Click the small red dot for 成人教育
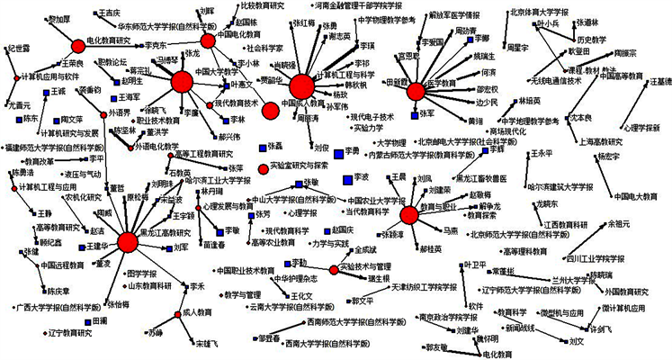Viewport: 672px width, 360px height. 177,313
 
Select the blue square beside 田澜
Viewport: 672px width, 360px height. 87,320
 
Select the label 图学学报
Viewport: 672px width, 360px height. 139,272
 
